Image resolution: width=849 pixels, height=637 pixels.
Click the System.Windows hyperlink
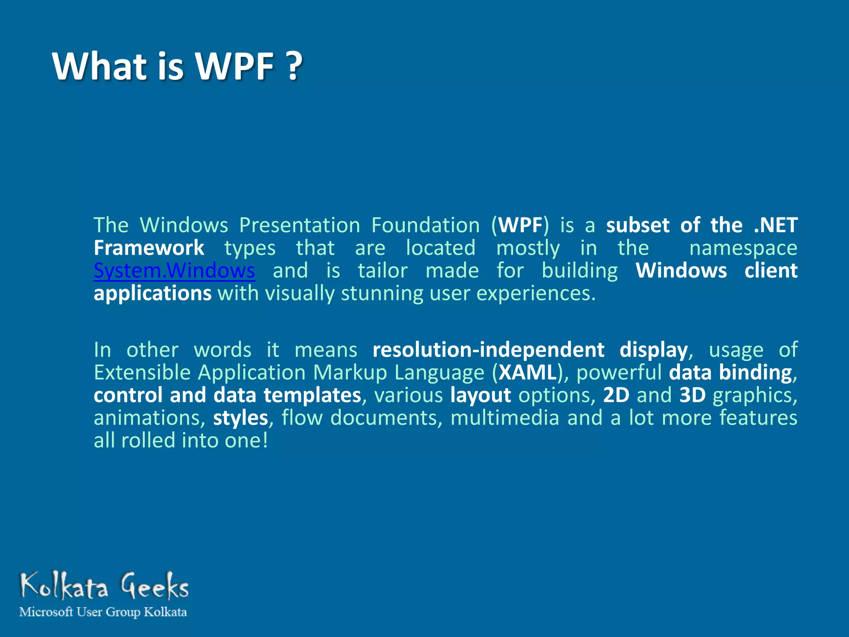click(x=174, y=271)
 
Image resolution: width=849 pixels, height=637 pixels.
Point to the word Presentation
click(x=300, y=225)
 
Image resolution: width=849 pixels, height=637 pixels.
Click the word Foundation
click(x=425, y=225)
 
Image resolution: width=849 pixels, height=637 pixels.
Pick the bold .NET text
click(x=775, y=225)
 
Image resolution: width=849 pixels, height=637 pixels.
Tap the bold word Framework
click(x=149, y=248)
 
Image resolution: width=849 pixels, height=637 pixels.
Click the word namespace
click(x=743, y=248)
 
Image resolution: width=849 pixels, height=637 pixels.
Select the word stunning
click(x=382, y=294)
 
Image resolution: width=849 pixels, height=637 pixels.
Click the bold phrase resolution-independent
click(x=488, y=350)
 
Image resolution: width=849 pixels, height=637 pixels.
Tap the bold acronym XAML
click(x=527, y=372)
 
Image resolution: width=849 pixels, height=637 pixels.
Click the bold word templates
click(x=312, y=395)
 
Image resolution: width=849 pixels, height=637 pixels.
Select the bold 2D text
click(x=616, y=395)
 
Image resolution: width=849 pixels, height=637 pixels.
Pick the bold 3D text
click(x=692, y=395)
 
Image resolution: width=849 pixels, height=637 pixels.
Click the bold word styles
click(x=240, y=418)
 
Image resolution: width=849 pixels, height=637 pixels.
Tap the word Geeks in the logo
click(x=155, y=586)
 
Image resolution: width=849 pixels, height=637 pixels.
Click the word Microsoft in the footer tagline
click(x=46, y=612)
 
